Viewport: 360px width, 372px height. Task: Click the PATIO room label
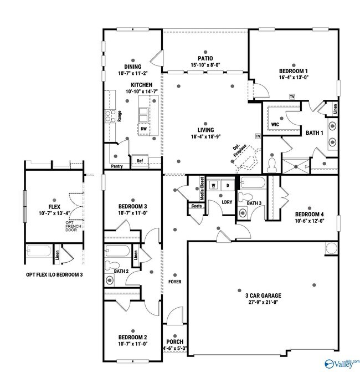205,58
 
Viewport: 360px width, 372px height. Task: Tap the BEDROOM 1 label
293,71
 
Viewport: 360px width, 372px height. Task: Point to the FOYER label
175,282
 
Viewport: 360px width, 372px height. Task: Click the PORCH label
174,342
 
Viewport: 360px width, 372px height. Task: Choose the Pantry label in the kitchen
117,166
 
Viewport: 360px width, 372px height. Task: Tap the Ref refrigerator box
140,161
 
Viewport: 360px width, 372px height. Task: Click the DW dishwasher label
143,129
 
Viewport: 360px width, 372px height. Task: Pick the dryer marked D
227,185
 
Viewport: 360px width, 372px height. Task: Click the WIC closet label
275,125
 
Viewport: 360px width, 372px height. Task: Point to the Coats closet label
196,206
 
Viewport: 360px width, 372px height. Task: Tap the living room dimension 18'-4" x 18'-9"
205,136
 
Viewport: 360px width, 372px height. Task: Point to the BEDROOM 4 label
309,215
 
